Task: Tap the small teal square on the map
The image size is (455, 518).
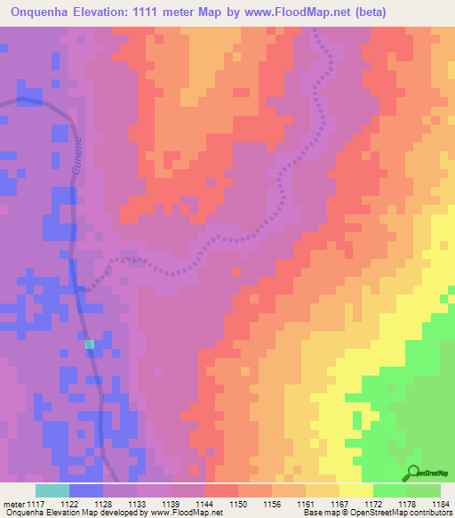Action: coord(89,344)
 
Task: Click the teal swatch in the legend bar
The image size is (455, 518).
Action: coord(52,490)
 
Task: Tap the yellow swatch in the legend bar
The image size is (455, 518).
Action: coord(356,490)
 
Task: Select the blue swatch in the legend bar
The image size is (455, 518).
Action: coord(86,490)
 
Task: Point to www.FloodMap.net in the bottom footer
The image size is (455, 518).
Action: coord(187,514)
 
